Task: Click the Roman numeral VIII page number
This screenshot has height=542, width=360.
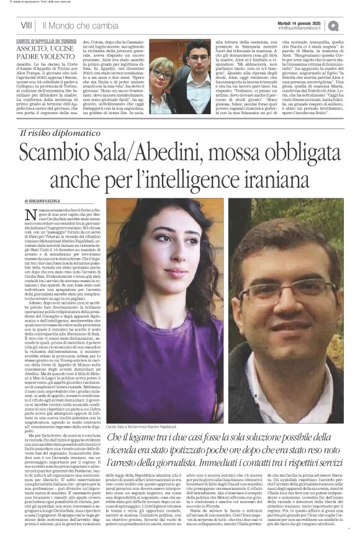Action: [x=25, y=25]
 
